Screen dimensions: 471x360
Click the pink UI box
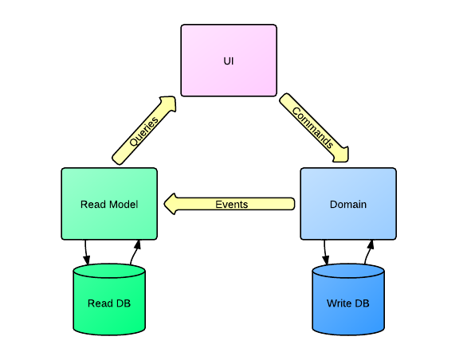229,61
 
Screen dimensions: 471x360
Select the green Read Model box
109,204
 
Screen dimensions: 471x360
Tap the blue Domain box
348,204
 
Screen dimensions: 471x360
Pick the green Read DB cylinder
109,299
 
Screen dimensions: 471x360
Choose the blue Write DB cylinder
348,299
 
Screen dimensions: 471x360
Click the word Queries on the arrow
143,131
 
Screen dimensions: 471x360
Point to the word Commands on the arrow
312,128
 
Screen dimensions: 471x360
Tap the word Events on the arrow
232,205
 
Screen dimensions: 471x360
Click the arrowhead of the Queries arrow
168,104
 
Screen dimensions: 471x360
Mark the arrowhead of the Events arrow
171,204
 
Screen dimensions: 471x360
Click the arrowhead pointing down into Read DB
87,260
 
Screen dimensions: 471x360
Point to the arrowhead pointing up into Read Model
138,245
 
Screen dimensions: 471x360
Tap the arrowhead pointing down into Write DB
326,260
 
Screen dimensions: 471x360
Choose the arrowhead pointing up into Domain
371,245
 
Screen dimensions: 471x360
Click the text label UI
229,61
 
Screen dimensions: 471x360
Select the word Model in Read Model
124,205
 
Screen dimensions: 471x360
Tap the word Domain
348,205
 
